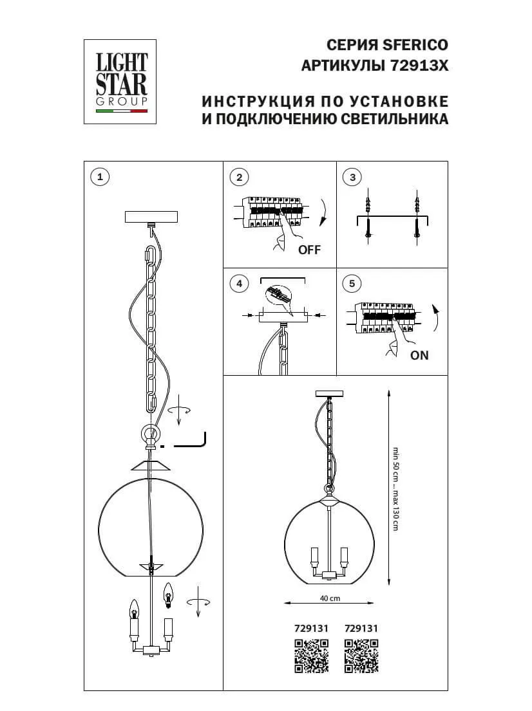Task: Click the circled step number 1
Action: click(x=99, y=176)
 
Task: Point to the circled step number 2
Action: click(x=239, y=177)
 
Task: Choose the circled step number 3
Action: click(x=352, y=177)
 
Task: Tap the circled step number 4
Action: click(x=239, y=283)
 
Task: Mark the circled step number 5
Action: click(x=352, y=283)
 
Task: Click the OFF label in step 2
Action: click(x=309, y=250)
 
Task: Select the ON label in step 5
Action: click(x=419, y=355)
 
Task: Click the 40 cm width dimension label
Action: click(x=330, y=598)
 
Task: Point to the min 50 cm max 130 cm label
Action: click(x=396, y=489)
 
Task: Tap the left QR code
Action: click(x=311, y=656)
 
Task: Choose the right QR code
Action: click(x=361, y=656)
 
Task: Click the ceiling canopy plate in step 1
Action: click(x=152, y=216)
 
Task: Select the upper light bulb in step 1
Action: click(x=169, y=593)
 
